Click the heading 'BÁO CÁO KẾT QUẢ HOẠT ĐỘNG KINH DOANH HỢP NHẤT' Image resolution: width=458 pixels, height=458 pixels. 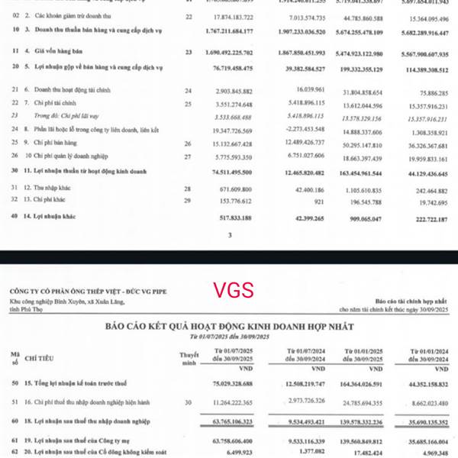tap(229, 327)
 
